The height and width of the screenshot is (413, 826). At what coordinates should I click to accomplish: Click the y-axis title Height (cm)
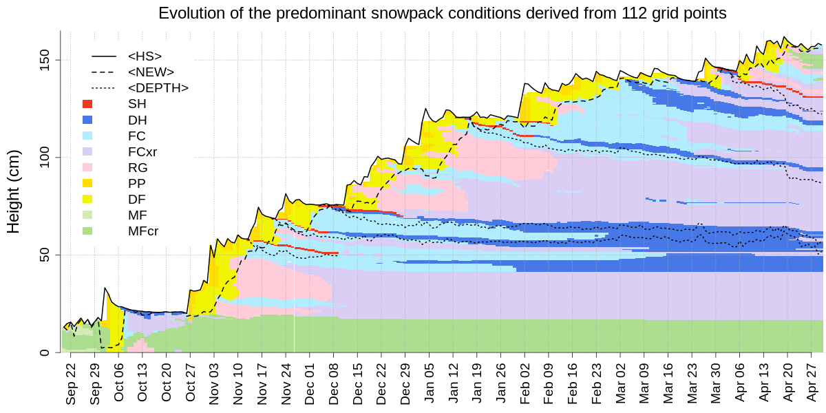14,191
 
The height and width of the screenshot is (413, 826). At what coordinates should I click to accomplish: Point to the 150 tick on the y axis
48,60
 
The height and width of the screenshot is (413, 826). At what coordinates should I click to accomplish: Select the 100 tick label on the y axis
48,158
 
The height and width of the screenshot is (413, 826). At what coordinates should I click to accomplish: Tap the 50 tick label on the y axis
48,255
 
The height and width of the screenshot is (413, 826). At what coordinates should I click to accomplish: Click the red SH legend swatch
87,104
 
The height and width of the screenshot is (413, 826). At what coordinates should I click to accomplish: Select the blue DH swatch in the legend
87,120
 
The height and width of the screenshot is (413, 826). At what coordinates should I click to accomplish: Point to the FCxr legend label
142,151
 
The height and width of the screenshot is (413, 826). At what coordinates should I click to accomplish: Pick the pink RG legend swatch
87,167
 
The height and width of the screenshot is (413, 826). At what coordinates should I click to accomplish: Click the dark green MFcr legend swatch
87,231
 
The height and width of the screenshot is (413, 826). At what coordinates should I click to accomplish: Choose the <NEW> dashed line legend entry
104,72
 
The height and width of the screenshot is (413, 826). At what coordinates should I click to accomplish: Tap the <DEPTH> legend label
158,88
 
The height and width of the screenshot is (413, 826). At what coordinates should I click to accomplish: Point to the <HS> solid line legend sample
104,56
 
